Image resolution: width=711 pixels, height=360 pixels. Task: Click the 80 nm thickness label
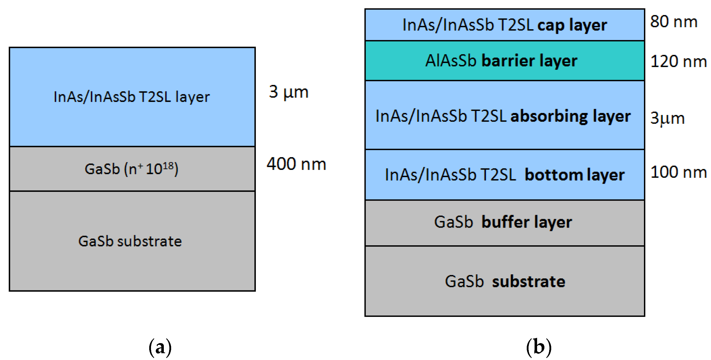click(673, 22)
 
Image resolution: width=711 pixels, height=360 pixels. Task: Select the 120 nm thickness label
click(678, 62)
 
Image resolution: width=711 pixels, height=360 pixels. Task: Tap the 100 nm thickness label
click(678, 172)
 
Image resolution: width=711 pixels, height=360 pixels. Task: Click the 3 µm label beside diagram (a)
click(288, 92)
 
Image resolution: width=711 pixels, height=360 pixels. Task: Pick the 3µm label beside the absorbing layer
click(667, 119)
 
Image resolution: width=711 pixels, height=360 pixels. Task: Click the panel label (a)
click(160, 347)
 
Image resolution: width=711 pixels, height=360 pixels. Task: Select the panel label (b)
click(539, 347)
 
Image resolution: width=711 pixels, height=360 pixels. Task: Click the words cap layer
click(572, 25)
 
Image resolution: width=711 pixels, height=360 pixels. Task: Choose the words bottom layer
click(574, 175)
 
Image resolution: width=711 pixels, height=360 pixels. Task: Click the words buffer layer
click(527, 223)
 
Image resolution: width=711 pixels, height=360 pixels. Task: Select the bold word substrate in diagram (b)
click(529, 282)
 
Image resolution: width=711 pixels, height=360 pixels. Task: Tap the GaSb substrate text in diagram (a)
click(130, 241)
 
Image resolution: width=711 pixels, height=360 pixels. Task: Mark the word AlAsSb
click(451, 61)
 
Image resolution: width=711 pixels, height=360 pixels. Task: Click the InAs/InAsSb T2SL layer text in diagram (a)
click(132, 97)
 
